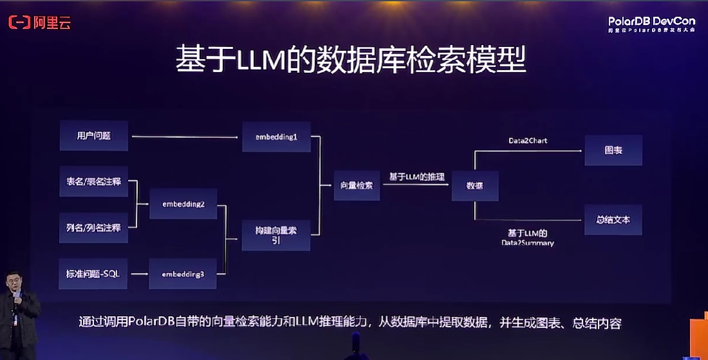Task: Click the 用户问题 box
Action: (x=94, y=136)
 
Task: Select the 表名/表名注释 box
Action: (x=93, y=182)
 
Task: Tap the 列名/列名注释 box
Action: (x=93, y=227)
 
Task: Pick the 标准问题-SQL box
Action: (x=93, y=274)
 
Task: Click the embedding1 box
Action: (x=276, y=137)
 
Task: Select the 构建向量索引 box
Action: (x=276, y=234)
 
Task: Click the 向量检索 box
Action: (x=356, y=185)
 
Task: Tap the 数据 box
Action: (x=475, y=185)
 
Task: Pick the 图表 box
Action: (x=613, y=150)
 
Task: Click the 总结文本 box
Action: (x=613, y=220)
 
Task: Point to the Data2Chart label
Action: (x=528, y=140)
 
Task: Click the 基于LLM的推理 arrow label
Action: (x=417, y=176)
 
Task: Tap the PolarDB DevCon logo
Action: (x=651, y=24)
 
